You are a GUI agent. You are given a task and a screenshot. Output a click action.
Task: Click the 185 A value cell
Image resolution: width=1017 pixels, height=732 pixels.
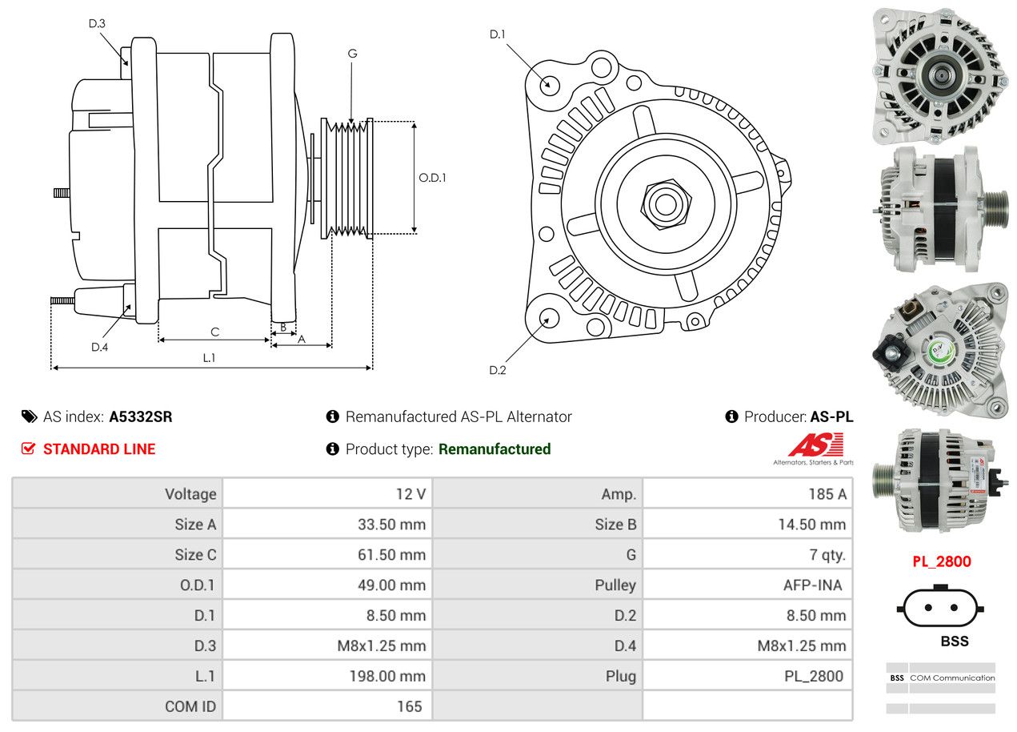pyautogui.click(x=827, y=494)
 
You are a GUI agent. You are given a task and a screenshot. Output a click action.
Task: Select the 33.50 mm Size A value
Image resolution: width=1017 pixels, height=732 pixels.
pyautogui.click(x=391, y=525)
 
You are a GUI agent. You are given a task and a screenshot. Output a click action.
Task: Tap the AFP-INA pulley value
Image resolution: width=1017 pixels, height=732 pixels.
pyautogui.click(x=812, y=585)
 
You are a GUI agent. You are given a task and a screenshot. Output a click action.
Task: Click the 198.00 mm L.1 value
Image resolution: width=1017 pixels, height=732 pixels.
pyautogui.click(x=387, y=677)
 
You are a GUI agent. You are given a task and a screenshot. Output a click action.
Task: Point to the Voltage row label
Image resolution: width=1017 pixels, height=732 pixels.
pyautogui.click(x=190, y=494)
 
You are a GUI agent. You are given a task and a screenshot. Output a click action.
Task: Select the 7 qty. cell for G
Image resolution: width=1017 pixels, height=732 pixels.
pyautogui.click(x=827, y=555)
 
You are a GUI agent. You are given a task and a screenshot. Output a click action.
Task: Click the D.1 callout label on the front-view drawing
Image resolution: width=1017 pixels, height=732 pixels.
pyautogui.click(x=498, y=34)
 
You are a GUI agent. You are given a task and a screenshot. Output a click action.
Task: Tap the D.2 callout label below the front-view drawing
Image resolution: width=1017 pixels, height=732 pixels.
pyautogui.click(x=498, y=370)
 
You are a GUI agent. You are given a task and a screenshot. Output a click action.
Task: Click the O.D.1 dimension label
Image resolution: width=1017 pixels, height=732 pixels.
pyautogui.click(x=432, y=178)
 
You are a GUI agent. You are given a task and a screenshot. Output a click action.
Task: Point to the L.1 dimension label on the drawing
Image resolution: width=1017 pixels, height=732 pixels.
pyautogui.click(x=209, y=358)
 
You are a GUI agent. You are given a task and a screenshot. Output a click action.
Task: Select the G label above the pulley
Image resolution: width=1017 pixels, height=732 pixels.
pyautogui.click(x=352, y=54)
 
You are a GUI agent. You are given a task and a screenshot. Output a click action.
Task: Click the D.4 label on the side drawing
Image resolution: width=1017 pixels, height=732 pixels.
pyautogui.click(x=99, y=347)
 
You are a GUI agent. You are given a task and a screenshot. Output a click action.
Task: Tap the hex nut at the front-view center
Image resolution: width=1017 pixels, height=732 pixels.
pyautogui.click(x=663, y=203)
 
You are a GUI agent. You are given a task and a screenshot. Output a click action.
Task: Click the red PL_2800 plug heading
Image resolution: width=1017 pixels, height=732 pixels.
pyautogui.click(x=942, y=561)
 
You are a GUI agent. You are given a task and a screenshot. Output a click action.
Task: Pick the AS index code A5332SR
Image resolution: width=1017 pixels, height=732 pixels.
pyautogui.click(x=141, y=416)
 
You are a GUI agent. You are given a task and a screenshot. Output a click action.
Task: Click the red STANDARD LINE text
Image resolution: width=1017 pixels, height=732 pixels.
pyautogui.click(x=99, y=449)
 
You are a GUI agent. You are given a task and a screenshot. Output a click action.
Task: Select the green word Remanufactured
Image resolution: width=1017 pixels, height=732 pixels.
pyautogui.click(x=494, y=449)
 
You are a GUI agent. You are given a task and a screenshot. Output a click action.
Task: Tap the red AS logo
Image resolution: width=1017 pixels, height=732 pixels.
pyautogui.click(x=816, y=445)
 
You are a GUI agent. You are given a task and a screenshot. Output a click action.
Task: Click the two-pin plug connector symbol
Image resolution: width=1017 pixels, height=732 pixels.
pyautogui.click(x=940, y=608)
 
